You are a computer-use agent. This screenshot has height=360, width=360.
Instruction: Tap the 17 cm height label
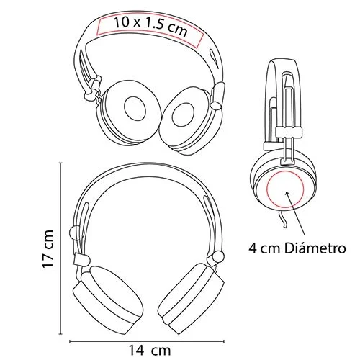(49, 249)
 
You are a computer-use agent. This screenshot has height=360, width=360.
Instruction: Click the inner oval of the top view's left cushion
(134, 108)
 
